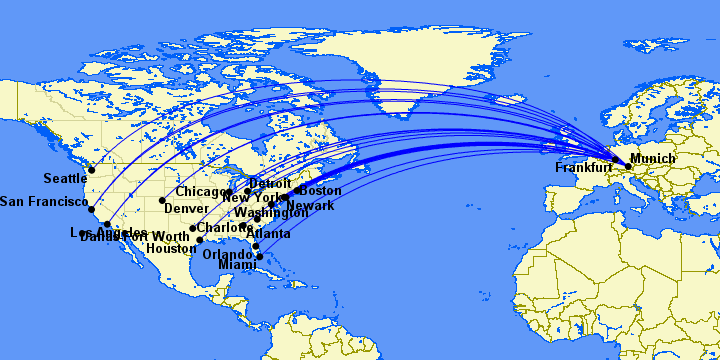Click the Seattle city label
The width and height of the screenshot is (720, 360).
64,179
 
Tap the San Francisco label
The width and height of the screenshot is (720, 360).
41,202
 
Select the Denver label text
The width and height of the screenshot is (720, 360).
187,208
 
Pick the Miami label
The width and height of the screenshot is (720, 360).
237,265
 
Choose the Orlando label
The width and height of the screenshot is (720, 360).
228,254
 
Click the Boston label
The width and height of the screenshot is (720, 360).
321,190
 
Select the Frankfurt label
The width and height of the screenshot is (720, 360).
584,168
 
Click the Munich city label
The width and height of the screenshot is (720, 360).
653,159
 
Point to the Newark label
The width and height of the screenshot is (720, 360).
311,205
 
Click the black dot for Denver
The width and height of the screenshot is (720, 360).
162,200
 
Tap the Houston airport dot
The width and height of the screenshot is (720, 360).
200,240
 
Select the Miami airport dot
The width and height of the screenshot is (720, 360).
260,257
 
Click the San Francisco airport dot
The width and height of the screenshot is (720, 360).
91,209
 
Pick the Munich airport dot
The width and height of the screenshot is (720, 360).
628,165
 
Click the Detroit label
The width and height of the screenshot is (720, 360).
270,184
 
